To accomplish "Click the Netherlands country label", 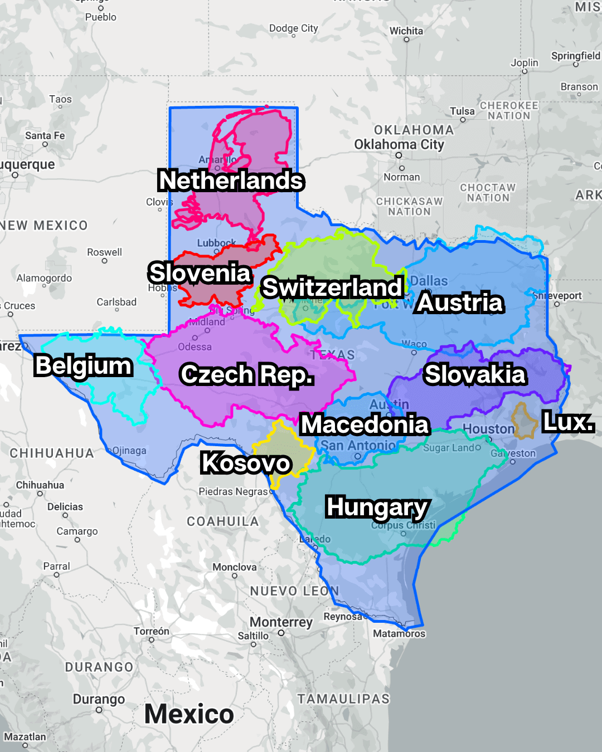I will pos(231,180).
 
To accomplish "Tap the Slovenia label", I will pos(200,273).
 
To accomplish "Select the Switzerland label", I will pos(332,287).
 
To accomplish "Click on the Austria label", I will pos(460,302).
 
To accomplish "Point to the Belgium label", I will pos(84,366).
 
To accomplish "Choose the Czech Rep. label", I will pos(247,374).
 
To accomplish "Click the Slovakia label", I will pos(475,374).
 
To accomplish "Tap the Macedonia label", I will pos(365,424).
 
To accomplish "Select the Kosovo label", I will pos(246,463).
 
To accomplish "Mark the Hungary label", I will pos(377,507).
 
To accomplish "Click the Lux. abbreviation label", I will pos(568,422).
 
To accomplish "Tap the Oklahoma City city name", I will pos(399,145).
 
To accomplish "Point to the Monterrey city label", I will pos(281,622).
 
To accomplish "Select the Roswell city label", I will pos(104,252).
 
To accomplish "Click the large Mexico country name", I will pos(189,714).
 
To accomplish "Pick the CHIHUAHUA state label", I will pos(52,453).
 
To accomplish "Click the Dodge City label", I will pos(293,28).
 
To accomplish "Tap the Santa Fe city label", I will pos(45,136).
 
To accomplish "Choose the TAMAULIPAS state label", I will pos(343,699).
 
